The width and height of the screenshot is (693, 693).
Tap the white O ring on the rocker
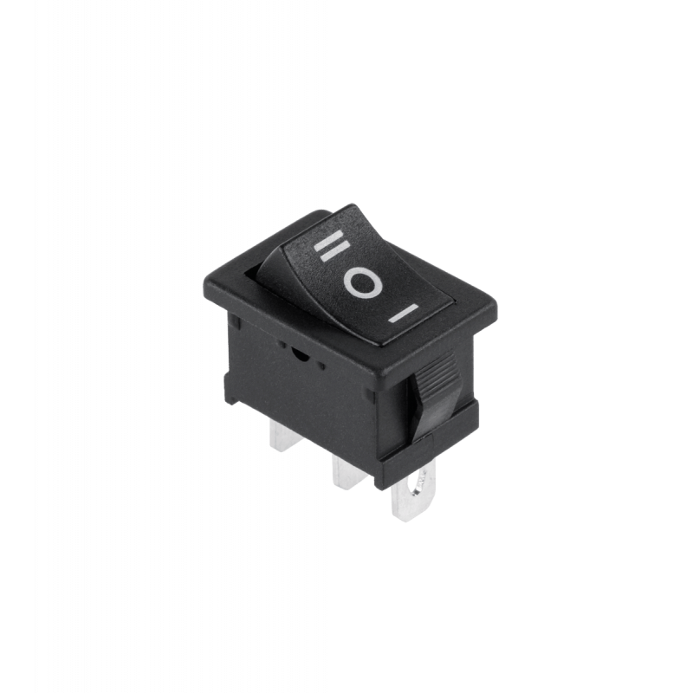point(363,282)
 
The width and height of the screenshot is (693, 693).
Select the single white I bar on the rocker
point(403,314)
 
